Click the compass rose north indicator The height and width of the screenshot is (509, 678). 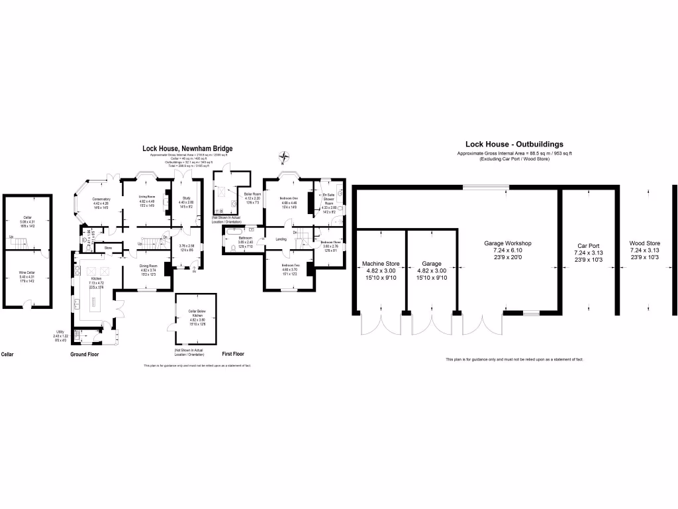coord(285,158)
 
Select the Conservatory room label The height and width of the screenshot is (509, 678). coord(101,199)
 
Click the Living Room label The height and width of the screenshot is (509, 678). coord(146,196)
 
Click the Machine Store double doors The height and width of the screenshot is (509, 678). coord(380,326)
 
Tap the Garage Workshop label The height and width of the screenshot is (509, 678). coord(508,243)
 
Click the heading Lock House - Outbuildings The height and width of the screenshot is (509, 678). coord(514,144)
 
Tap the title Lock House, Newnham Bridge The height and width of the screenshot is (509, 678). coord(188,149)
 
